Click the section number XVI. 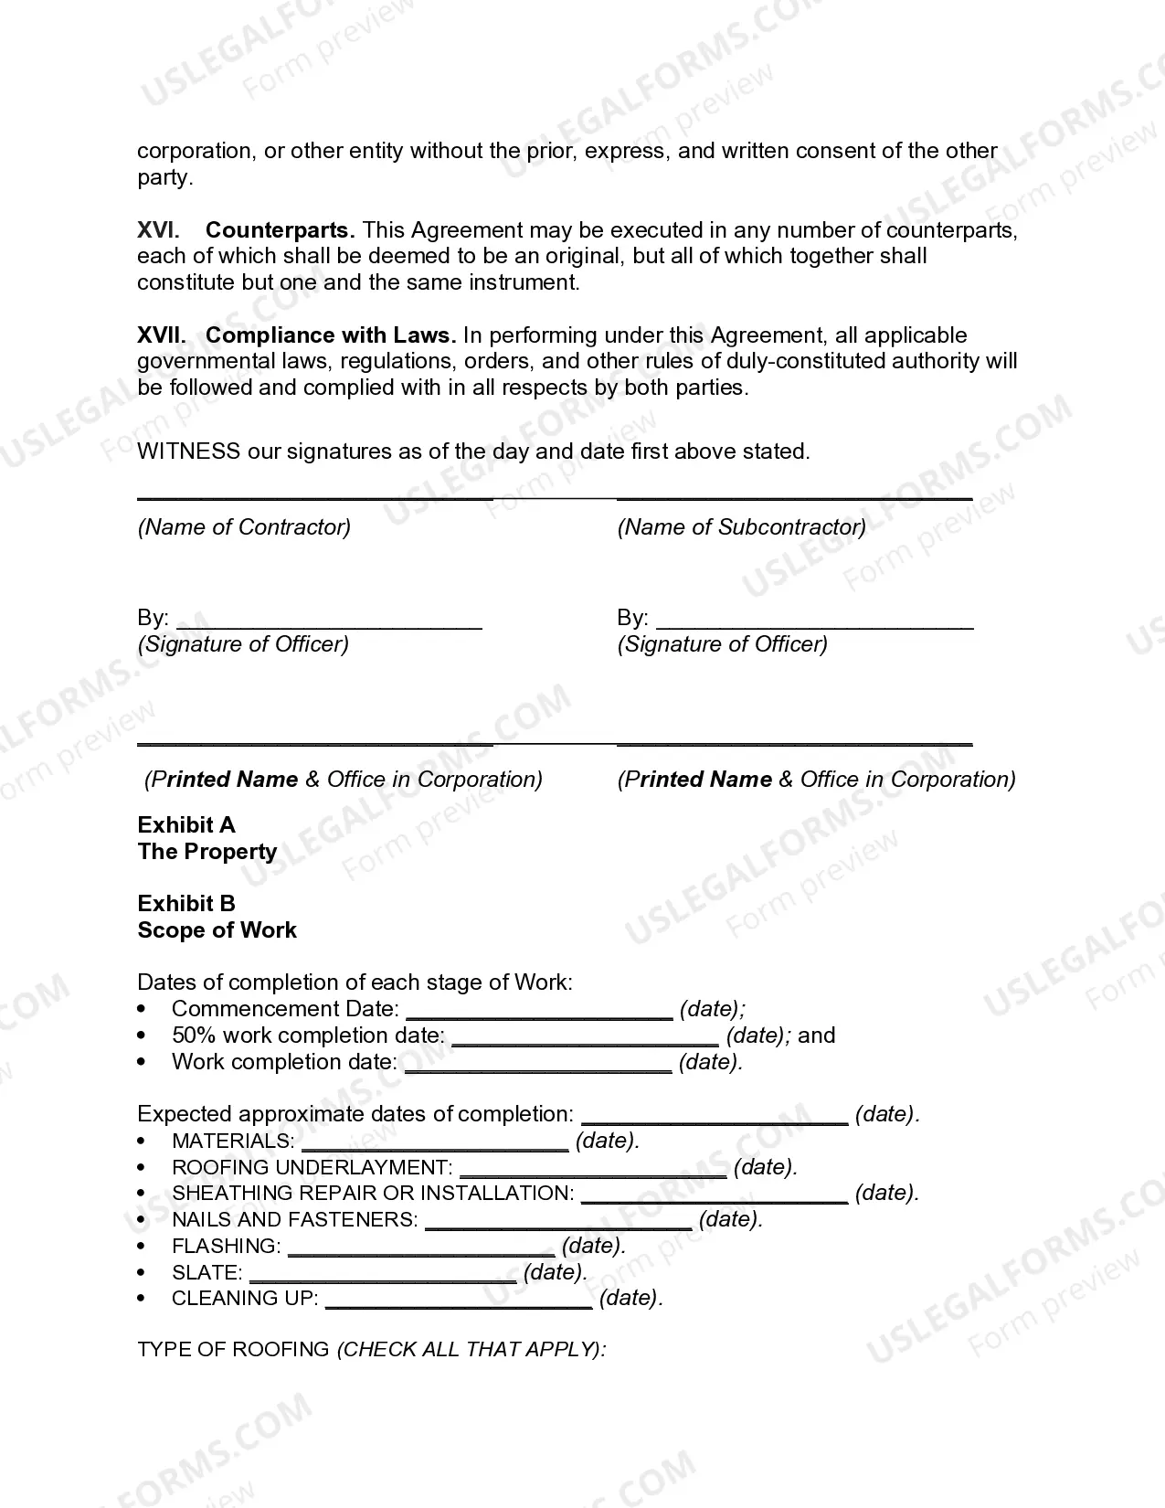[158, 229]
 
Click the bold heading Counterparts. [280, 229]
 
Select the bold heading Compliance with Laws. [330, 335]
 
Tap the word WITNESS [189, 451]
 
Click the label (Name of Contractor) [244, 526]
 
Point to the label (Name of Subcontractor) [741, 526]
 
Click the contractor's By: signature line [329, 623]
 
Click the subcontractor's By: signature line [814, 623]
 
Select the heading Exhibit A [186, 824]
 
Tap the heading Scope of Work [217, 929]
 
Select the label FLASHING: [226, 1246]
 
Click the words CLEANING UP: [245, 1298]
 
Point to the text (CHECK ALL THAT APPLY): [471, 1349]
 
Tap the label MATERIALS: [233, 1141]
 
